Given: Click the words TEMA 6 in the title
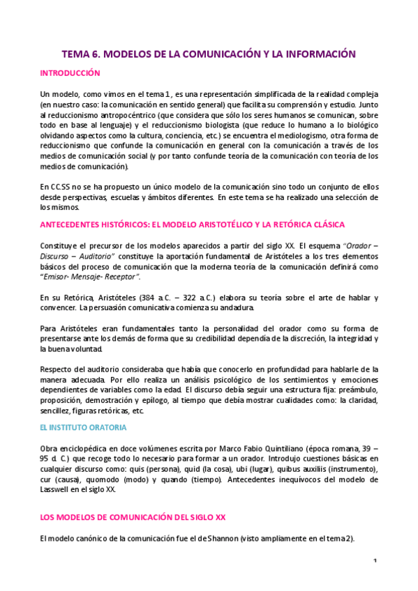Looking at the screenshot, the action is (x=82, y=54).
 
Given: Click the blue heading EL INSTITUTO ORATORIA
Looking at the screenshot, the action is (x=83, y=427).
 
